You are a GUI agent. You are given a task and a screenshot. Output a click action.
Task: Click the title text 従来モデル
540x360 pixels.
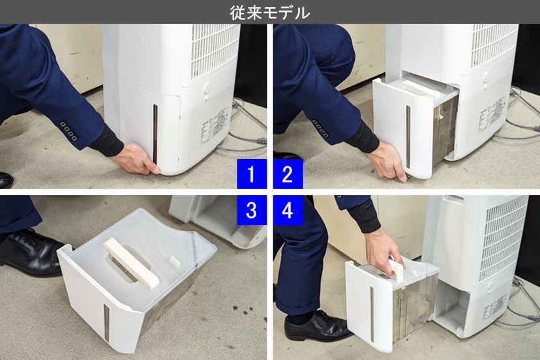(270, 12)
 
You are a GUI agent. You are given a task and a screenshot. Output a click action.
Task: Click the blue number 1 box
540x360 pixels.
(252, 175)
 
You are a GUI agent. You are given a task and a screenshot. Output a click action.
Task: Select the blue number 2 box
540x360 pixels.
(288, 175)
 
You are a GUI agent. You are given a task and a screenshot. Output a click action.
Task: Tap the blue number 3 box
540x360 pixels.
(252, 209)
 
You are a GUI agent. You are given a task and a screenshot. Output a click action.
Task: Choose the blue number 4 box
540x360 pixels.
(288, 209)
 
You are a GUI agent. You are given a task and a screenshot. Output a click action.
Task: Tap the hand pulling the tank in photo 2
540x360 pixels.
(391, 164)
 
